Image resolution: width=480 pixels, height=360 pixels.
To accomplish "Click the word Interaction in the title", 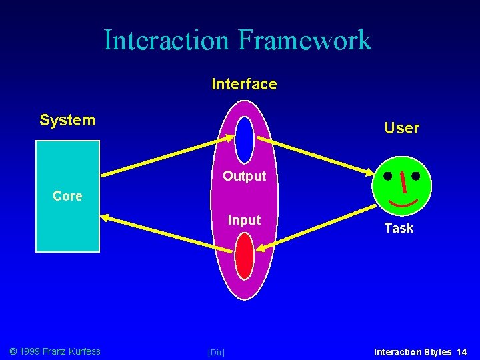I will (166, 40).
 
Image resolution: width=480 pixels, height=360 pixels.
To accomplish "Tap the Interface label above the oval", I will (244, 84).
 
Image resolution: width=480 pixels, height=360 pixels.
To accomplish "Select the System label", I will (67, 121).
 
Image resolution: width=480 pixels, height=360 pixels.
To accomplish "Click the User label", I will (401, 128).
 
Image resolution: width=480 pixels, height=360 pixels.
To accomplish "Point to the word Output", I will (244, 177).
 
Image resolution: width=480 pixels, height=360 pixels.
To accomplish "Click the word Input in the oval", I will (244, 220).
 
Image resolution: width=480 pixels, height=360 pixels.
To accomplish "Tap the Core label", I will (67, 196).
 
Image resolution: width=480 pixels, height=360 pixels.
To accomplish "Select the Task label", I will (399, 228).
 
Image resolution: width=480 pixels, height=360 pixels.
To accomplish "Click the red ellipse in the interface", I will (245, 256).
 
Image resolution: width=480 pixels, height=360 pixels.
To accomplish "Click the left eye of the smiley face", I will (387, 177).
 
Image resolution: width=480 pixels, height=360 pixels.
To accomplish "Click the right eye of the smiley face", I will (416, 177).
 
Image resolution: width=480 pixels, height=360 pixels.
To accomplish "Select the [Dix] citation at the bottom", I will (216, 352).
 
